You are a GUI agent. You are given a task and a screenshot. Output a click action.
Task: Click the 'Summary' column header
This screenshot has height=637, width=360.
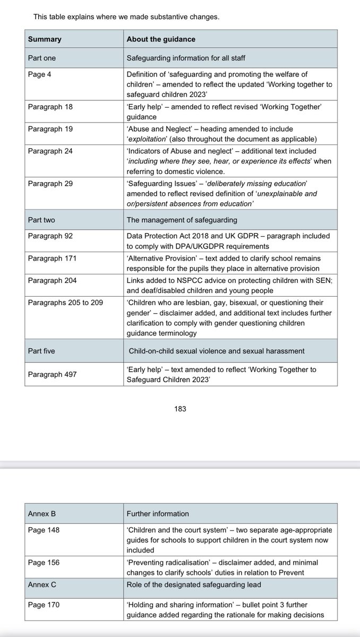pyautogui.click(x=45, y=39)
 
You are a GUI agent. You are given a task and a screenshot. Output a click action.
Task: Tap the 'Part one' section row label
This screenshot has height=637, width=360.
pyautogui.click(x=41, y=58)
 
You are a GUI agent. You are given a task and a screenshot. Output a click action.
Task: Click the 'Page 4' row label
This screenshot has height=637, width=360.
pyautogui.click(x=40, y=75)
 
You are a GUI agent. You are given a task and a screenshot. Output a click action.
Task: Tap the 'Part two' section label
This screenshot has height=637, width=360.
pyautogui.click(x=41, y=220)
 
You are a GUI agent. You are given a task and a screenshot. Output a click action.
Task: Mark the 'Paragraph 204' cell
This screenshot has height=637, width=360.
pyautogui.click(x=53, y=280)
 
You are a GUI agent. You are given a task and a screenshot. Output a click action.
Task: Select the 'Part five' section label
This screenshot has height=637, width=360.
pyautogui.click(x=41, y=351)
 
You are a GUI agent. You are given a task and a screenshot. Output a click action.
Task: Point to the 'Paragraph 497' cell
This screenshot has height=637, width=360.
pyautogui.click(x=53, y=374)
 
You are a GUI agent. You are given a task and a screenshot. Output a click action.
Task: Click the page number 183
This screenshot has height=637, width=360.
pyautogui.click(x=180, y=409)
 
